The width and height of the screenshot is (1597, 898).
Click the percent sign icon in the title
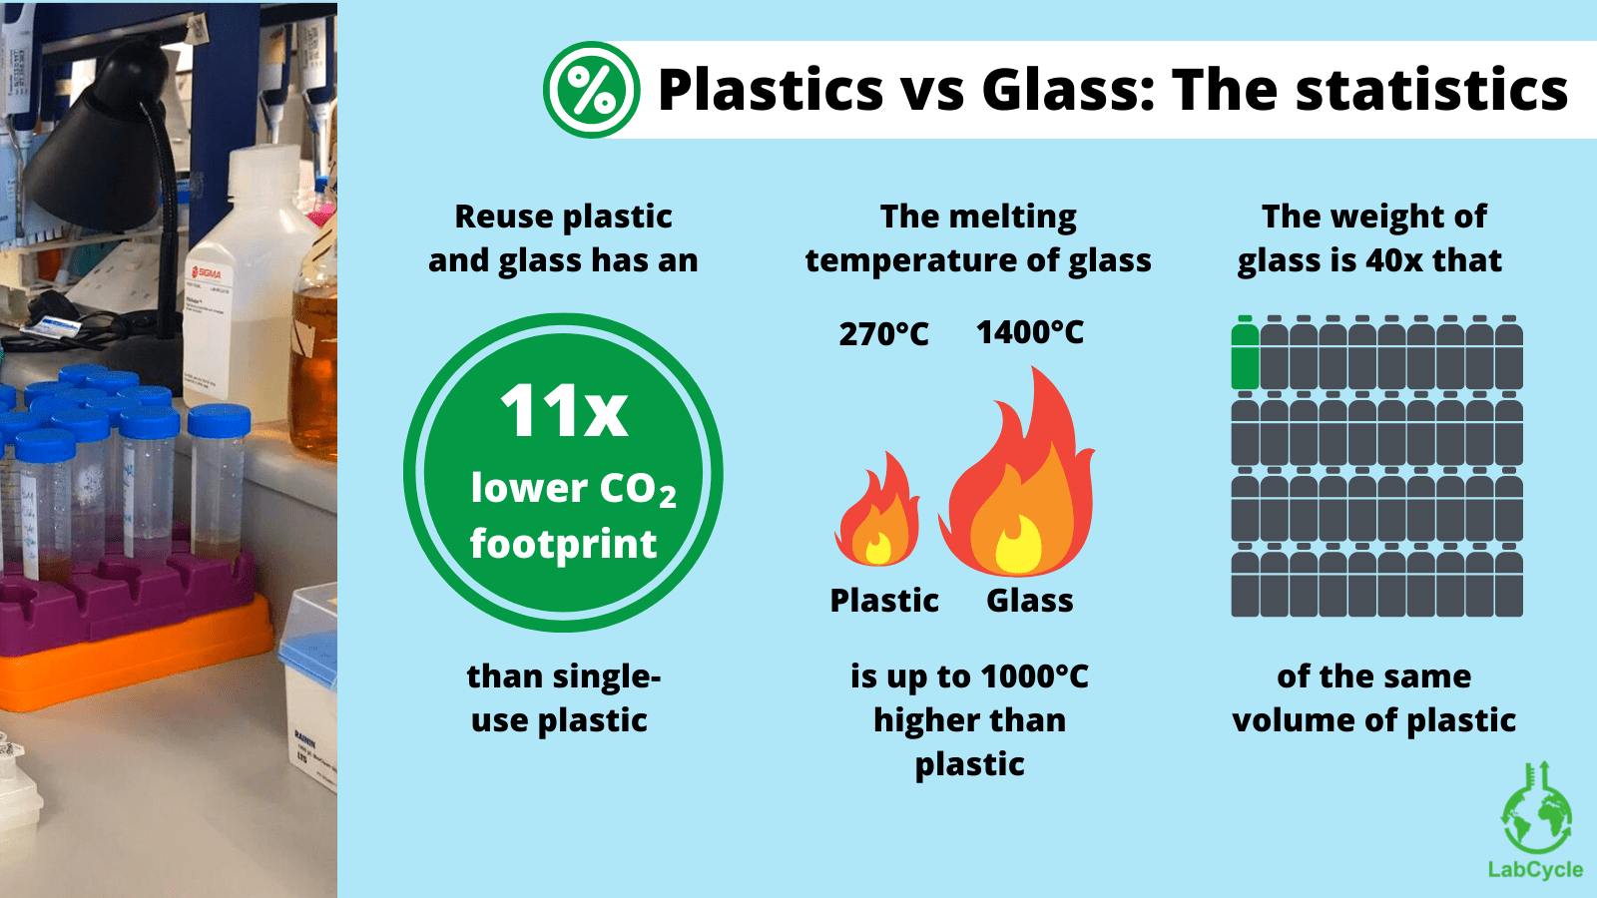tap(592, 90)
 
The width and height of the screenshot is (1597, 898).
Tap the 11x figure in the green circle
tap(564, 411)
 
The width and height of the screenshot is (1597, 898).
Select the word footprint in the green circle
tap(564, 544)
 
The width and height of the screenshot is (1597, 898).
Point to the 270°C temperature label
tap(883, 333)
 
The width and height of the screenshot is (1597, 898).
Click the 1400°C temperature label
tap(1029, 332)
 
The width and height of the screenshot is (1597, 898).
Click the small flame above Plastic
tap(878, 511)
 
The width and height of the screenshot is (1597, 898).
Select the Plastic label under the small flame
tap(884, 601)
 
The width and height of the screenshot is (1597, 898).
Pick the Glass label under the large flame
tap(1029, 601)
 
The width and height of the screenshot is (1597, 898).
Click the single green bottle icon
tap(1245, 353)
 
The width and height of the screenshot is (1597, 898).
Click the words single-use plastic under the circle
tap(562, 698)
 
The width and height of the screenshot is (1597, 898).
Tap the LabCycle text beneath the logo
tap(1535, 869)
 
